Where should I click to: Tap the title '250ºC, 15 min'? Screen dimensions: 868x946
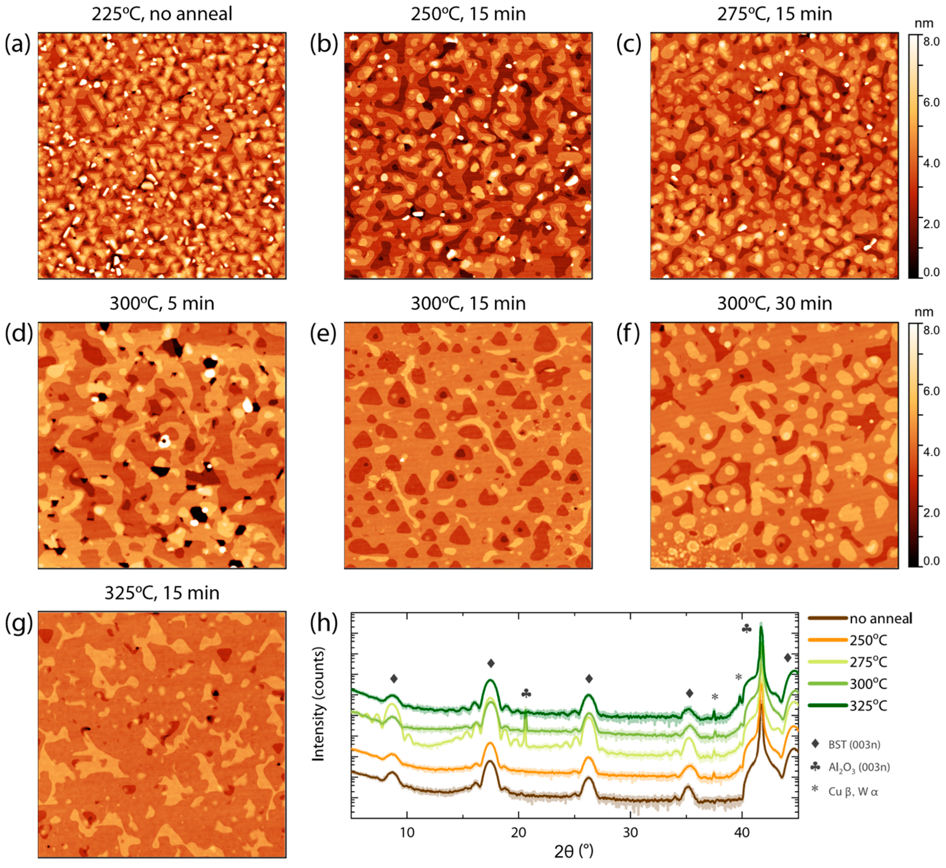(468, 14)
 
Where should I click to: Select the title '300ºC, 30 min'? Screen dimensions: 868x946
(774, 304)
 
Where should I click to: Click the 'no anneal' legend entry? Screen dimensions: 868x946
(880, 619)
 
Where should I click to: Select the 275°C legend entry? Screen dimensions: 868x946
(868, 662)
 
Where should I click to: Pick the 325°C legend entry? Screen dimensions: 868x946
(868, 706)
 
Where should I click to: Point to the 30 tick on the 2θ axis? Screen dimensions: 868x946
(630, 832)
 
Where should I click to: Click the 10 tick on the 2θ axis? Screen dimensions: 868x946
(407, 832)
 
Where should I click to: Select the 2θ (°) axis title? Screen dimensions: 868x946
(573, 851)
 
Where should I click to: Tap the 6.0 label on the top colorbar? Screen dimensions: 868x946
(931, 102)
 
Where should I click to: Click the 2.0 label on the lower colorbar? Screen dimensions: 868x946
(931, 512)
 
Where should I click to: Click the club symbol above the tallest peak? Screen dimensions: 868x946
(746, 628)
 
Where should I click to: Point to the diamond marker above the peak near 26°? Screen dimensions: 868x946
(589, 679)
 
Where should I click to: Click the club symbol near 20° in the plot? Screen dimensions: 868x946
(526, 693)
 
